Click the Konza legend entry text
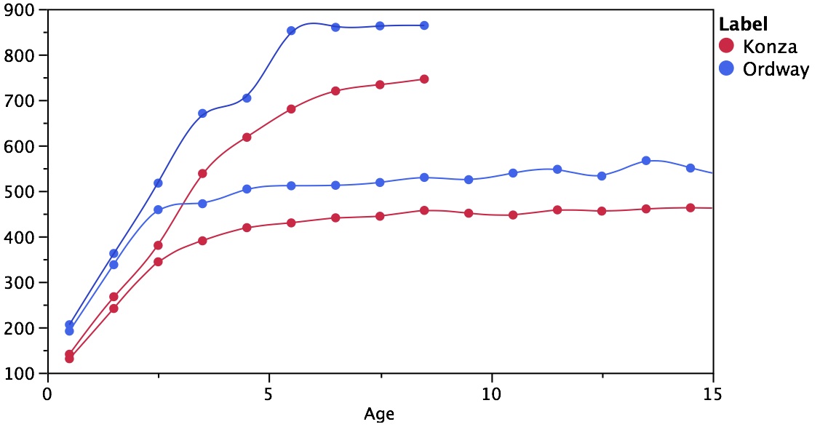pyautogui.click(x=770, y=47)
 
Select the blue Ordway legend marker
pyautogui.click(x=725, y=69)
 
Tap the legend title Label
pyautogui.click(x=744, y=24)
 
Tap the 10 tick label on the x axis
pyautogui.click(x=492, y=391)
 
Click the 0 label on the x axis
pyautogui.click(x=48, y=391)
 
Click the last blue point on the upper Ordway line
pyautogui.click(x=424, y=25)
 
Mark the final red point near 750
pyautogui.click(x=424, y=79)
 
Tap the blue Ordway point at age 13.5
pyautogui.click(x=645, y=160)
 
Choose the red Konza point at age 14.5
pyautogui.click(x=690, y=207)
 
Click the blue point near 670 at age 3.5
pyautogui.click(x=202, y=113)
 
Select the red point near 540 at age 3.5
pyautogui.click(x=202, y=173)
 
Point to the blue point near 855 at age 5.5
pyautogui.click(x=291, y=31)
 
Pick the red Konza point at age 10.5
pyautogui.click(x=513, y=215)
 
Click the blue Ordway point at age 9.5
pyautogui.click(x=469, y=179)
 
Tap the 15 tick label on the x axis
pyautogui.click(x=713, y=391)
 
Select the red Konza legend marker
pyautogui.click(x=725, y=46)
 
